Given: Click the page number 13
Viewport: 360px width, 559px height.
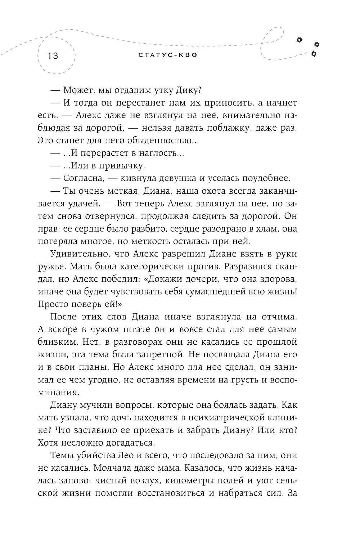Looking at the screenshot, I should [x=51, y=56].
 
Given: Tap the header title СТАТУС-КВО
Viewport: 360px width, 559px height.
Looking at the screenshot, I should [x=168, y=55].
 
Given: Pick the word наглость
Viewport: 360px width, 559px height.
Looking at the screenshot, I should [x=159, y=153].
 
